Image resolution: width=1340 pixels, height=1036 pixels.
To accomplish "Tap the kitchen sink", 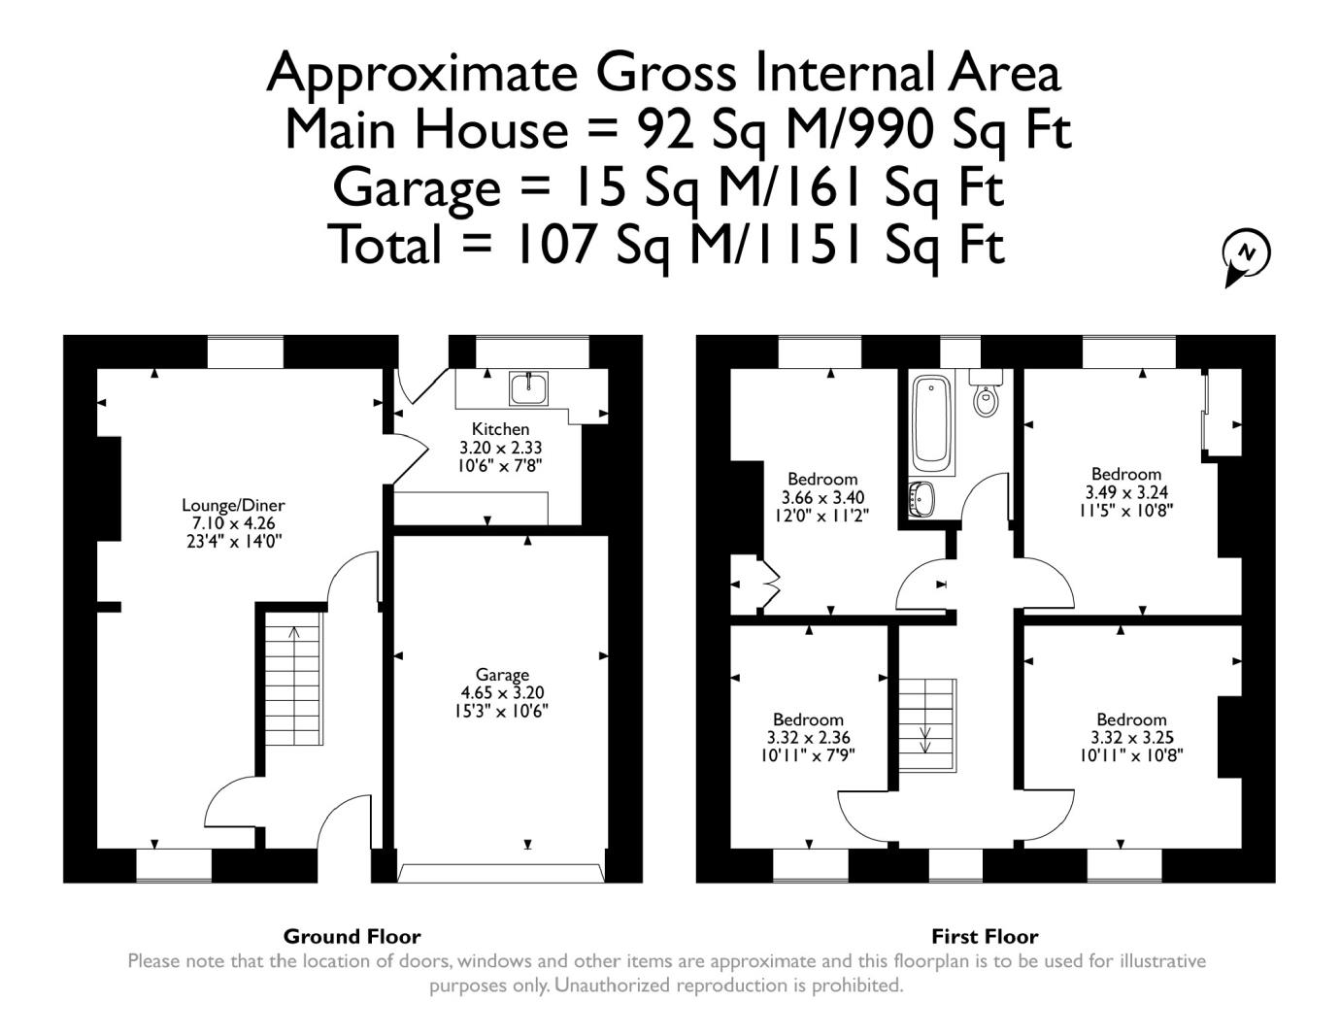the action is (528, 388).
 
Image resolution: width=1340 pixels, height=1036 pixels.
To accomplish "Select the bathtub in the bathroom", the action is (931, 426).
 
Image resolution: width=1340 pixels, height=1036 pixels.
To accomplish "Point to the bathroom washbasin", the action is (921, 498).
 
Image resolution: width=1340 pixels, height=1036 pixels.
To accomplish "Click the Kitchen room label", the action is (500, 429).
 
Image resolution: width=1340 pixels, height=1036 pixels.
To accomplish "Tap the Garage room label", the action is (502, 675).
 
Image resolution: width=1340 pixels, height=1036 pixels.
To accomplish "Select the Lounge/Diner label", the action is (233, 505).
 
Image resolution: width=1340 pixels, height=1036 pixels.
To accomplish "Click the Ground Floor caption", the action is (352, 937).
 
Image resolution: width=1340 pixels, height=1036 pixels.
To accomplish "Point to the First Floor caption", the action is (985, 937).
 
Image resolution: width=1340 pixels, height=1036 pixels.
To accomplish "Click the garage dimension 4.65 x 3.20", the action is (502, 692).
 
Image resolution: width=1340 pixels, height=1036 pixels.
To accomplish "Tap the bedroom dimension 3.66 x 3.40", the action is (822, 497).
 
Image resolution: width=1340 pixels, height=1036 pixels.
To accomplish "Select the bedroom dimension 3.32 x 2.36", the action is (809, 737).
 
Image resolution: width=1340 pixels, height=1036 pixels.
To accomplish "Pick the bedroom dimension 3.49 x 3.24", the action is (1126, 492).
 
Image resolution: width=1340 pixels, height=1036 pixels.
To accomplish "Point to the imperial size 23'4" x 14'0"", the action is (234, 542).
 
